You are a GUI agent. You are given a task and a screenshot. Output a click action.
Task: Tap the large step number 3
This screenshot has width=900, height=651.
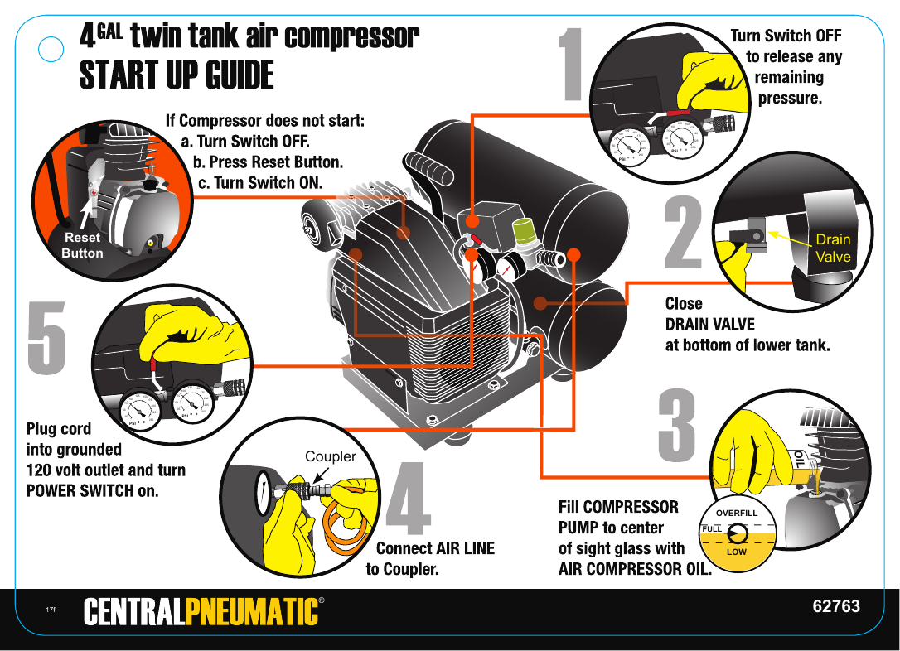pyautogui.click(x=677, y=427)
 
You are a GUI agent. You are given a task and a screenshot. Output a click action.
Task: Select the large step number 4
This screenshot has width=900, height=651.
pyautogui.click(x=409, y=498)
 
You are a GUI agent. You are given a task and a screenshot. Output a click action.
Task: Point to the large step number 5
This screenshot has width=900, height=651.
pyautogui.click(x=47, y=337)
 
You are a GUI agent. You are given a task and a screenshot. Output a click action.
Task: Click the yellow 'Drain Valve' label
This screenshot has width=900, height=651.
pyautogui.click(x=833, y=248)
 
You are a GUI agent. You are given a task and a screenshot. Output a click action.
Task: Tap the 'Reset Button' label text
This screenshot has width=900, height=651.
pyautogui.click(x=82, y=245)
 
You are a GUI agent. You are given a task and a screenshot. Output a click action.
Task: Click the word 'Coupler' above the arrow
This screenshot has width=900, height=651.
pyautogui.click(x=331, y=456)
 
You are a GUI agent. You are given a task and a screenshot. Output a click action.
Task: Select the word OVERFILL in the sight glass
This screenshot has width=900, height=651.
pyautogui.click(x=737, y=514)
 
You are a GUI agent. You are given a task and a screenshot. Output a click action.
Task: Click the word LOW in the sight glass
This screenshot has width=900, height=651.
pyautogui.click(x=736, y=552)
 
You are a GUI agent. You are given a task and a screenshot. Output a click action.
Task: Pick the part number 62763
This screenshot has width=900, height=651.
pyautogui.click(x=835, y=606)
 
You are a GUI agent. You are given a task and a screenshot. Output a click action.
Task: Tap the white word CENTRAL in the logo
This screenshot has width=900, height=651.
pyautogui.click(x=134, y=611)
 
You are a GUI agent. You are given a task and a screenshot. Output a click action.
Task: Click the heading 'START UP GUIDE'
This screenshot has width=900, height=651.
pyautogui.click(x=176, y=75)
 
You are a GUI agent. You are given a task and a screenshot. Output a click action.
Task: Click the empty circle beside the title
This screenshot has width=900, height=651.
pyautogui.click(x=52, y=50)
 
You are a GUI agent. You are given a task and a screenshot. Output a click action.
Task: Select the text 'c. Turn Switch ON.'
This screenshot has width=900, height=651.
pyautogui.click(x=259, y=183)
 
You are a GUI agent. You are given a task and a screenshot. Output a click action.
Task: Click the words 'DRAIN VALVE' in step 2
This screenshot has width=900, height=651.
pyautogui.click(x=710, y=324)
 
